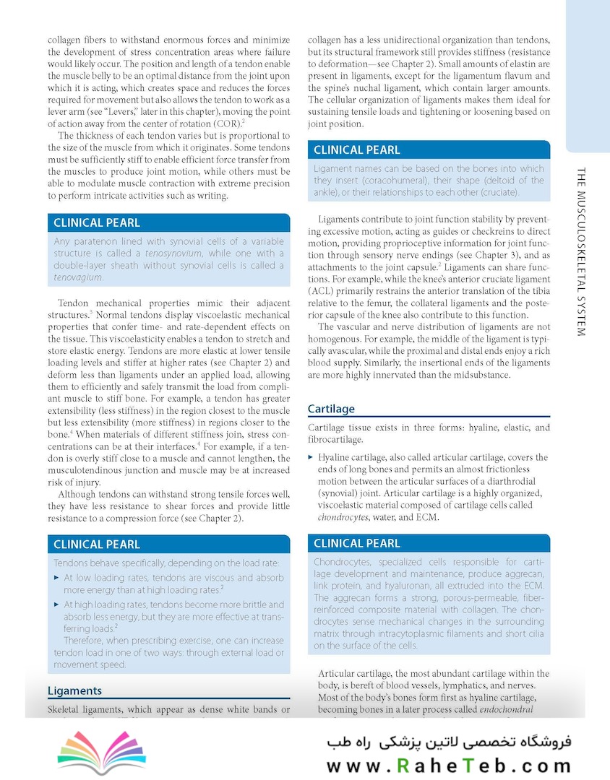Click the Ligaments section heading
click(74, 690)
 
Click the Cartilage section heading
click(331, 409)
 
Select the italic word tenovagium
click(78, 277)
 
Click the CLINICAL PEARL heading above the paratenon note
click(97, 222)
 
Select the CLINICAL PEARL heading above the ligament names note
click(356, 150)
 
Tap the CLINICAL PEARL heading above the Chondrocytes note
click(356, 543)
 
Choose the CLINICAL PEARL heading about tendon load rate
click(97, 544)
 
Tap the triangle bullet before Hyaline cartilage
click(311, 457)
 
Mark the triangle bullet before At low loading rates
click(56, 578)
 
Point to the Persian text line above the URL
click(448, 742)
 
